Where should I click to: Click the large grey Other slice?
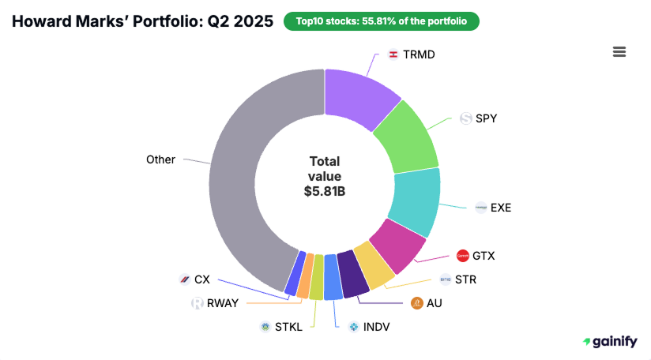(x=253, y=174)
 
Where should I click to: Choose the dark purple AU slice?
(x=351, y=272)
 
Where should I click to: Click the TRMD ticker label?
(x=419, y=54)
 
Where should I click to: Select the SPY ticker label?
(x=486, y=118)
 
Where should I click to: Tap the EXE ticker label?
(x=501, y=208)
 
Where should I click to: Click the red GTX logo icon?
(x=463, y=256)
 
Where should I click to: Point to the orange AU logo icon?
(x=417, y=302)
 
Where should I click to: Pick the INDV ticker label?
(x=376, y=326)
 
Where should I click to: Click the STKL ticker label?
(x=289, y=326)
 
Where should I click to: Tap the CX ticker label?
(x=202, y=279)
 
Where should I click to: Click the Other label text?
(x=160, y=159)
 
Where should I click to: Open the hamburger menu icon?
(x=619, y=51)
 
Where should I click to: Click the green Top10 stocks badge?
(x=381, y=21)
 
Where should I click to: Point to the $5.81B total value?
(x=325, y=190)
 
